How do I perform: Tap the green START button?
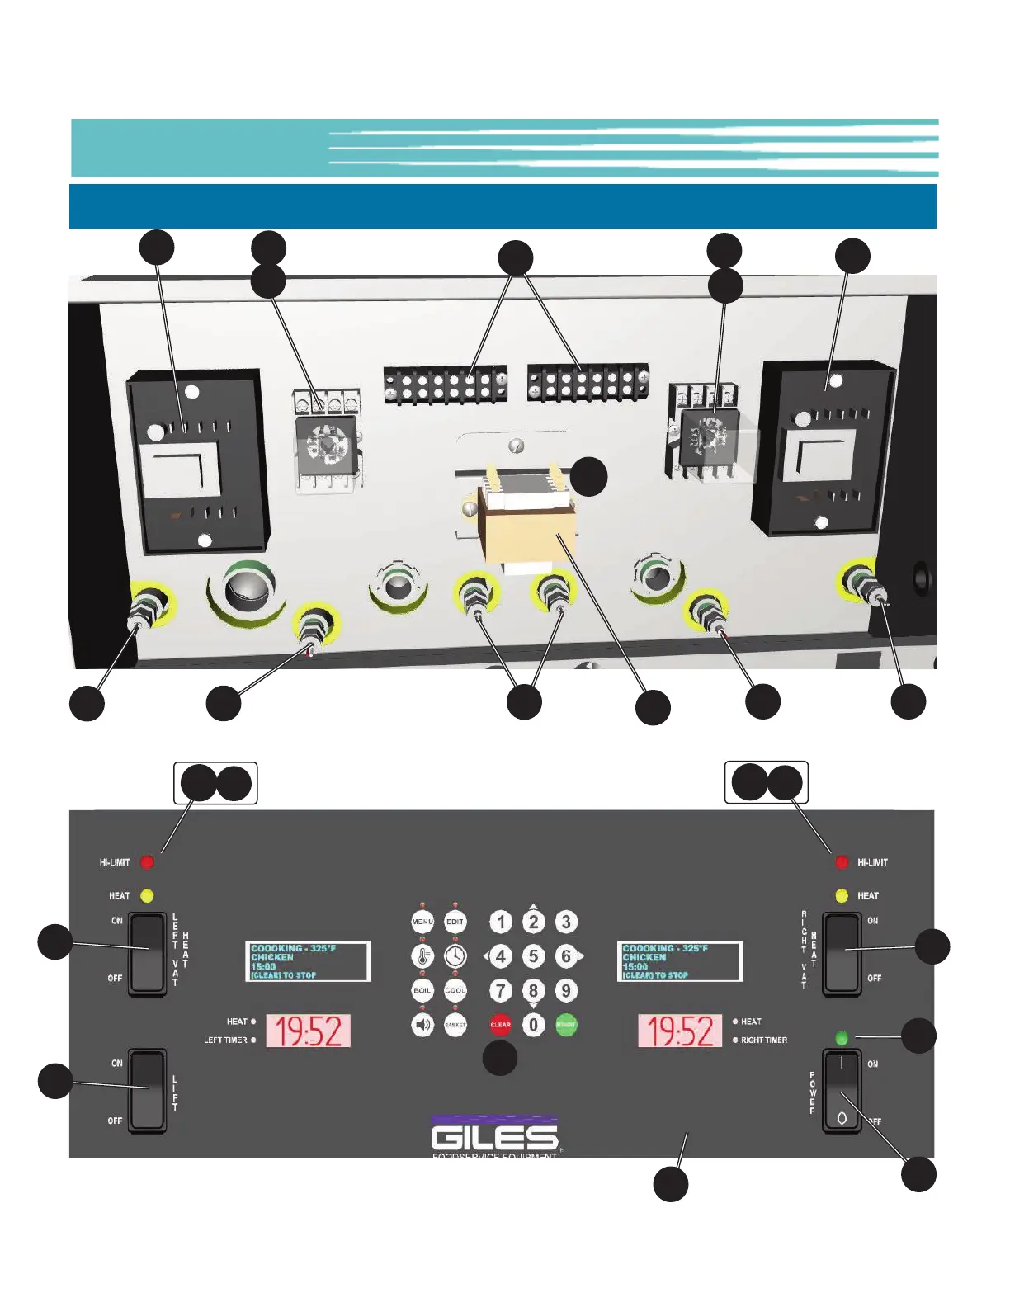pos(566,1025)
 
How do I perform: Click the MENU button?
pos(422,922)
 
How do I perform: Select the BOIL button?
pos(422,990)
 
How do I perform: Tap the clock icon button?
pos(455,956)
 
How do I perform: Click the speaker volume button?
pos(422,1025)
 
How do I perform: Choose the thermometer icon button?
pos(422,956)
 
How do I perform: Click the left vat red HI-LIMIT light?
pos(147,863)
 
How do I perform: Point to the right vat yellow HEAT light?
pos(842,896)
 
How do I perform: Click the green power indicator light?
pos(842,1038)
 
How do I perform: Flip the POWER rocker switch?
pos(842,1091)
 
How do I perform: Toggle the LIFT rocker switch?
pos(148,1089)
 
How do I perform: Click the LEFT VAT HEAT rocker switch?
pos(148,954)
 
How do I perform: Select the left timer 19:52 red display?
pos(309,1031)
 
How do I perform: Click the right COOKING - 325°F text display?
pos(680,961)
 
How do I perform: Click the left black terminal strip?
pos(445,385)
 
